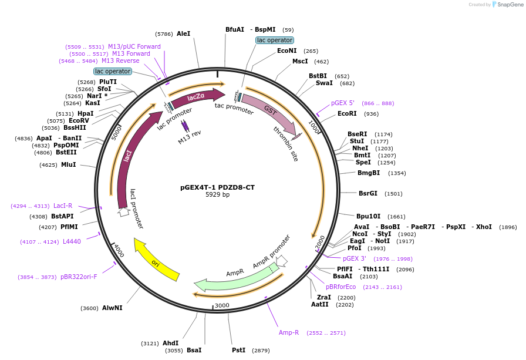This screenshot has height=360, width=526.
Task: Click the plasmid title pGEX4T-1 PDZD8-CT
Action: (x=217, y=187)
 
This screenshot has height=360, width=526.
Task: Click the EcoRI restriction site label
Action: (x=347, y=113)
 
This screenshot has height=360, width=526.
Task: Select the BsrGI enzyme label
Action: (x=368, y=193)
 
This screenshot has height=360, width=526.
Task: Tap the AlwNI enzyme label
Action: (x=112, y=308)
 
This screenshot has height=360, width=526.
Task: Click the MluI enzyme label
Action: (x=69, y=165)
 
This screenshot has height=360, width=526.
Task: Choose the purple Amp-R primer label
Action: (x=289, y=332)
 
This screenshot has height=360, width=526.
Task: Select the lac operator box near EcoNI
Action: (x=275, y=40)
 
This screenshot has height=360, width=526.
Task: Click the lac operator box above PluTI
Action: (x=113, y=71)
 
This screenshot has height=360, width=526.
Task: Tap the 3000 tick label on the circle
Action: (x=222, y=305)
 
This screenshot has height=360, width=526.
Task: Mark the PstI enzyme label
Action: (x=238, y=350)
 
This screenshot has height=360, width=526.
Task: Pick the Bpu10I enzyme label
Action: (x=368, y=216)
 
